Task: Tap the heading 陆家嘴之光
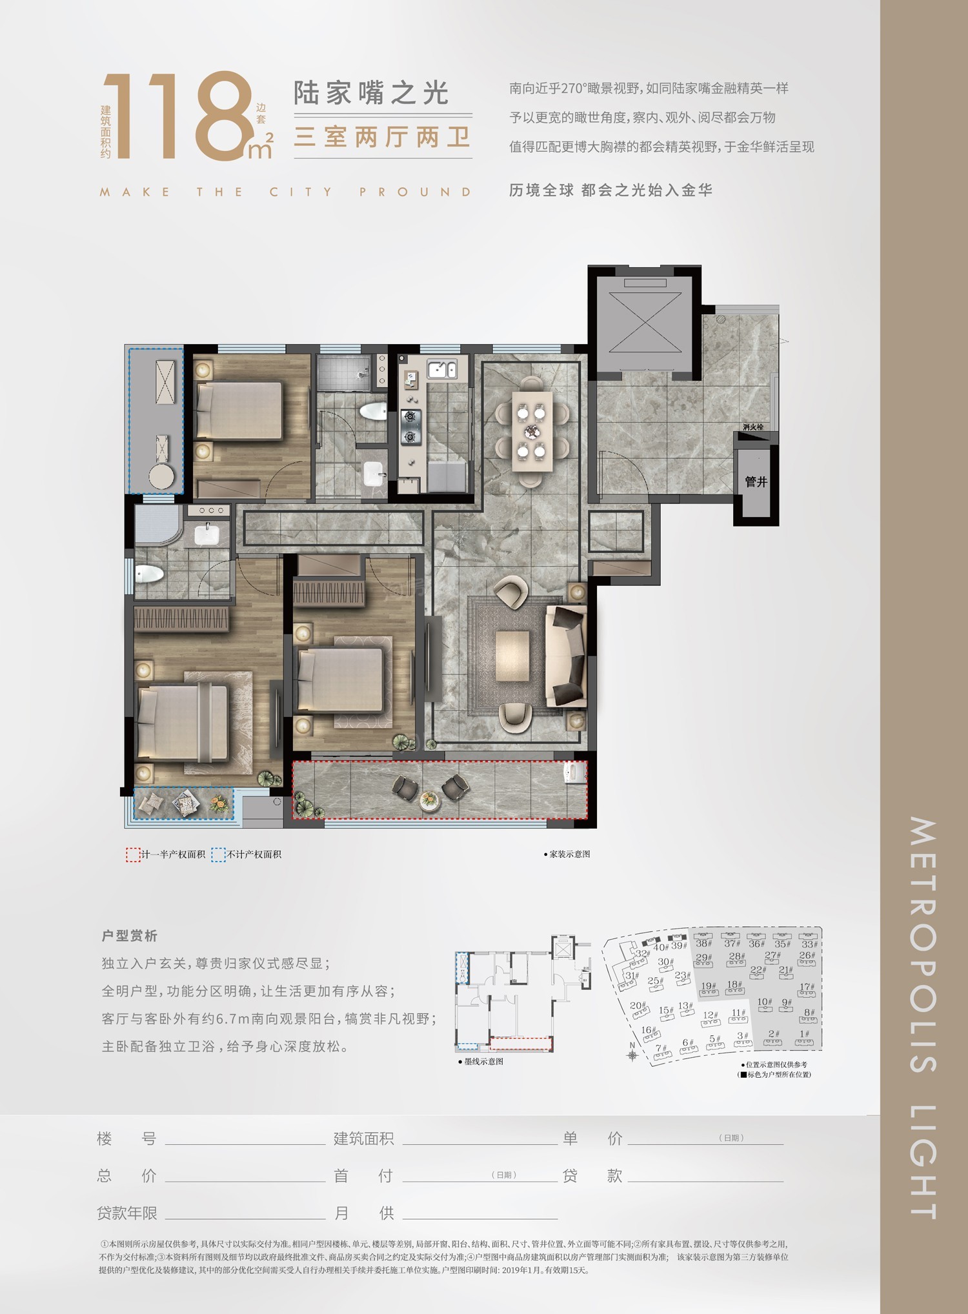click(x=371, y=94)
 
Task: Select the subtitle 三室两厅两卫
click(x=382, y=137)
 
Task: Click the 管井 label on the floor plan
click(x=756, y=481)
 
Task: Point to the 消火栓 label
click(x=752, y=427)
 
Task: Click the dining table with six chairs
click(x=532, y=430)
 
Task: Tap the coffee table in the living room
click(x=512, y=655)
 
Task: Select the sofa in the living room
click(x=567, y=655)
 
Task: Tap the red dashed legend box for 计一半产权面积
click(x=132, y=854)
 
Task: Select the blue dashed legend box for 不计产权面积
click(x=219, y=854)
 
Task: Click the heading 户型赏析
click(x=129, y=936)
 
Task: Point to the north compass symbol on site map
click(x=632, y=1055)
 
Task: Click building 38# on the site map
click(x=703, y=943)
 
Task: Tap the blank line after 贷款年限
click(x=245, y=1213)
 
